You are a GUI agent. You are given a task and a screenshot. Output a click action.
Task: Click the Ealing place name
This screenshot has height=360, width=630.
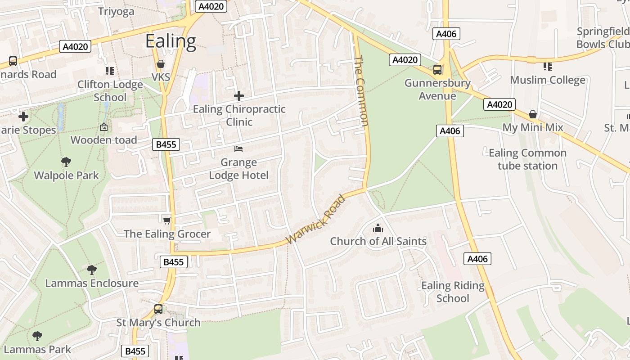[x=171, y=41]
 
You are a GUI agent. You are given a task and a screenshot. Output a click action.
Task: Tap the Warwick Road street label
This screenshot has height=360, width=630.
[x=318, y=219]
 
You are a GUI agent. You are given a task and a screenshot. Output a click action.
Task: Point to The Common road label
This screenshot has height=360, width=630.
[x=361, y=91]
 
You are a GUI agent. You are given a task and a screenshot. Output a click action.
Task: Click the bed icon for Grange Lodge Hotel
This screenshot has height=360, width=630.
[x=238, y=149]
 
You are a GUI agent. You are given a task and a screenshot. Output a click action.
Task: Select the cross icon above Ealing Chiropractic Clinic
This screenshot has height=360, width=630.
[x=239, y=95]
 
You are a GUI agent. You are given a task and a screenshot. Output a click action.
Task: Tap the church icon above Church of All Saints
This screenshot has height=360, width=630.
[x=378, y=228]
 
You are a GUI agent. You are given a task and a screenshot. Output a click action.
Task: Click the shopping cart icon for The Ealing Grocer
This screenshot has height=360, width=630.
[x=167, y=220]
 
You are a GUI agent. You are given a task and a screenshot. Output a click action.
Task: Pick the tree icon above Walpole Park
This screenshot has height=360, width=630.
[x=66, y=162]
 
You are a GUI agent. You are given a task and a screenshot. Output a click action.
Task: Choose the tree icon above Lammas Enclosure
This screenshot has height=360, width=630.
[x=92, y=270]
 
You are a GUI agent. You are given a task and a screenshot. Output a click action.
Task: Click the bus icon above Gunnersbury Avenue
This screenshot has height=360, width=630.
[x=437, y=70]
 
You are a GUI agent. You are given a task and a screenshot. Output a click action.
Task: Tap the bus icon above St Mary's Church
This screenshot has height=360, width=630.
[x=158, y=309]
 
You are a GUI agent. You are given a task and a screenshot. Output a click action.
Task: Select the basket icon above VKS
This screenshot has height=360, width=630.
[x=161, y=64]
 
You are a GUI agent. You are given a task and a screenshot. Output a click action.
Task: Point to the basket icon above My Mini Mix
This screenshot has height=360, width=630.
[x=533, y=114]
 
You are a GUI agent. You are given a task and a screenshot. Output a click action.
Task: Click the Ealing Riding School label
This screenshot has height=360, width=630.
[x=453, y=292]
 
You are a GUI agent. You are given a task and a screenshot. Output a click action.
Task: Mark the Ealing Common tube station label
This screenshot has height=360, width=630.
[x=527, y=159]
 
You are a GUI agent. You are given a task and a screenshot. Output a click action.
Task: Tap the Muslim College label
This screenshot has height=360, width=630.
[x=548, y=80]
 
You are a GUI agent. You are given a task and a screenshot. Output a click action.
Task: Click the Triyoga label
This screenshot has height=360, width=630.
[x=116, y=11]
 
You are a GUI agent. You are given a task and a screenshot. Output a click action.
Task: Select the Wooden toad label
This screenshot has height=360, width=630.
[x=104, y=140]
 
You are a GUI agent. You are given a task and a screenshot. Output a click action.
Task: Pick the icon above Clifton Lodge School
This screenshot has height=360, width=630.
[x=110, y=71]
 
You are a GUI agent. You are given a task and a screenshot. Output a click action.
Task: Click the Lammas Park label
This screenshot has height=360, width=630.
[x=37, y=349]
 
